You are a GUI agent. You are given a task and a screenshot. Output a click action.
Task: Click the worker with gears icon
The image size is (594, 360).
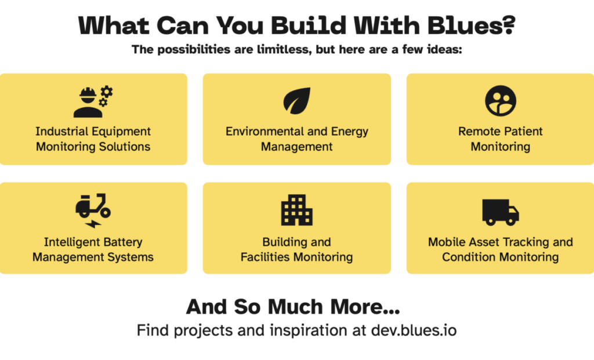pyautogui.click(x=93, y=101)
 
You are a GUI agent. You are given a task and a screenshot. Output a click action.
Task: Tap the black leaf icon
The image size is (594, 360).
pyautogui.click(x=297, y=101)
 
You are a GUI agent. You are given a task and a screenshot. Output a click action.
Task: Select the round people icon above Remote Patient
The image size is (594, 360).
pyautogui.click(x=500, y=100)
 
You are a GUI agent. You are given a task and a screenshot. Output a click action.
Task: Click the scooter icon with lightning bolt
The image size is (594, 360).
pyautogui.click(x=93, y=210)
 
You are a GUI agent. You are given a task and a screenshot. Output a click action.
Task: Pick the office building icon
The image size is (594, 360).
pyautogui.click(x=297, y=210)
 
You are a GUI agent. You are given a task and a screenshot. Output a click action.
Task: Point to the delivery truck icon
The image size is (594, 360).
pyautogui.click(x=500, y=212)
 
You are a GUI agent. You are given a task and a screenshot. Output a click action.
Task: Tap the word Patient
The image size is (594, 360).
pyautogui.click(x=521, y=132)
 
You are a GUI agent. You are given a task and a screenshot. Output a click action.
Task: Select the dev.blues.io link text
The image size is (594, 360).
pyautogui.click(x=414, y=331)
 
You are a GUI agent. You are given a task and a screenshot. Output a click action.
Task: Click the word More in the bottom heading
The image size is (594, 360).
pyautogui.click(x=366, y=306)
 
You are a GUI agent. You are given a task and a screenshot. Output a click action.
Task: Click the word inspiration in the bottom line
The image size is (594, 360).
pyautogui.click(x=306, y=331)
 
